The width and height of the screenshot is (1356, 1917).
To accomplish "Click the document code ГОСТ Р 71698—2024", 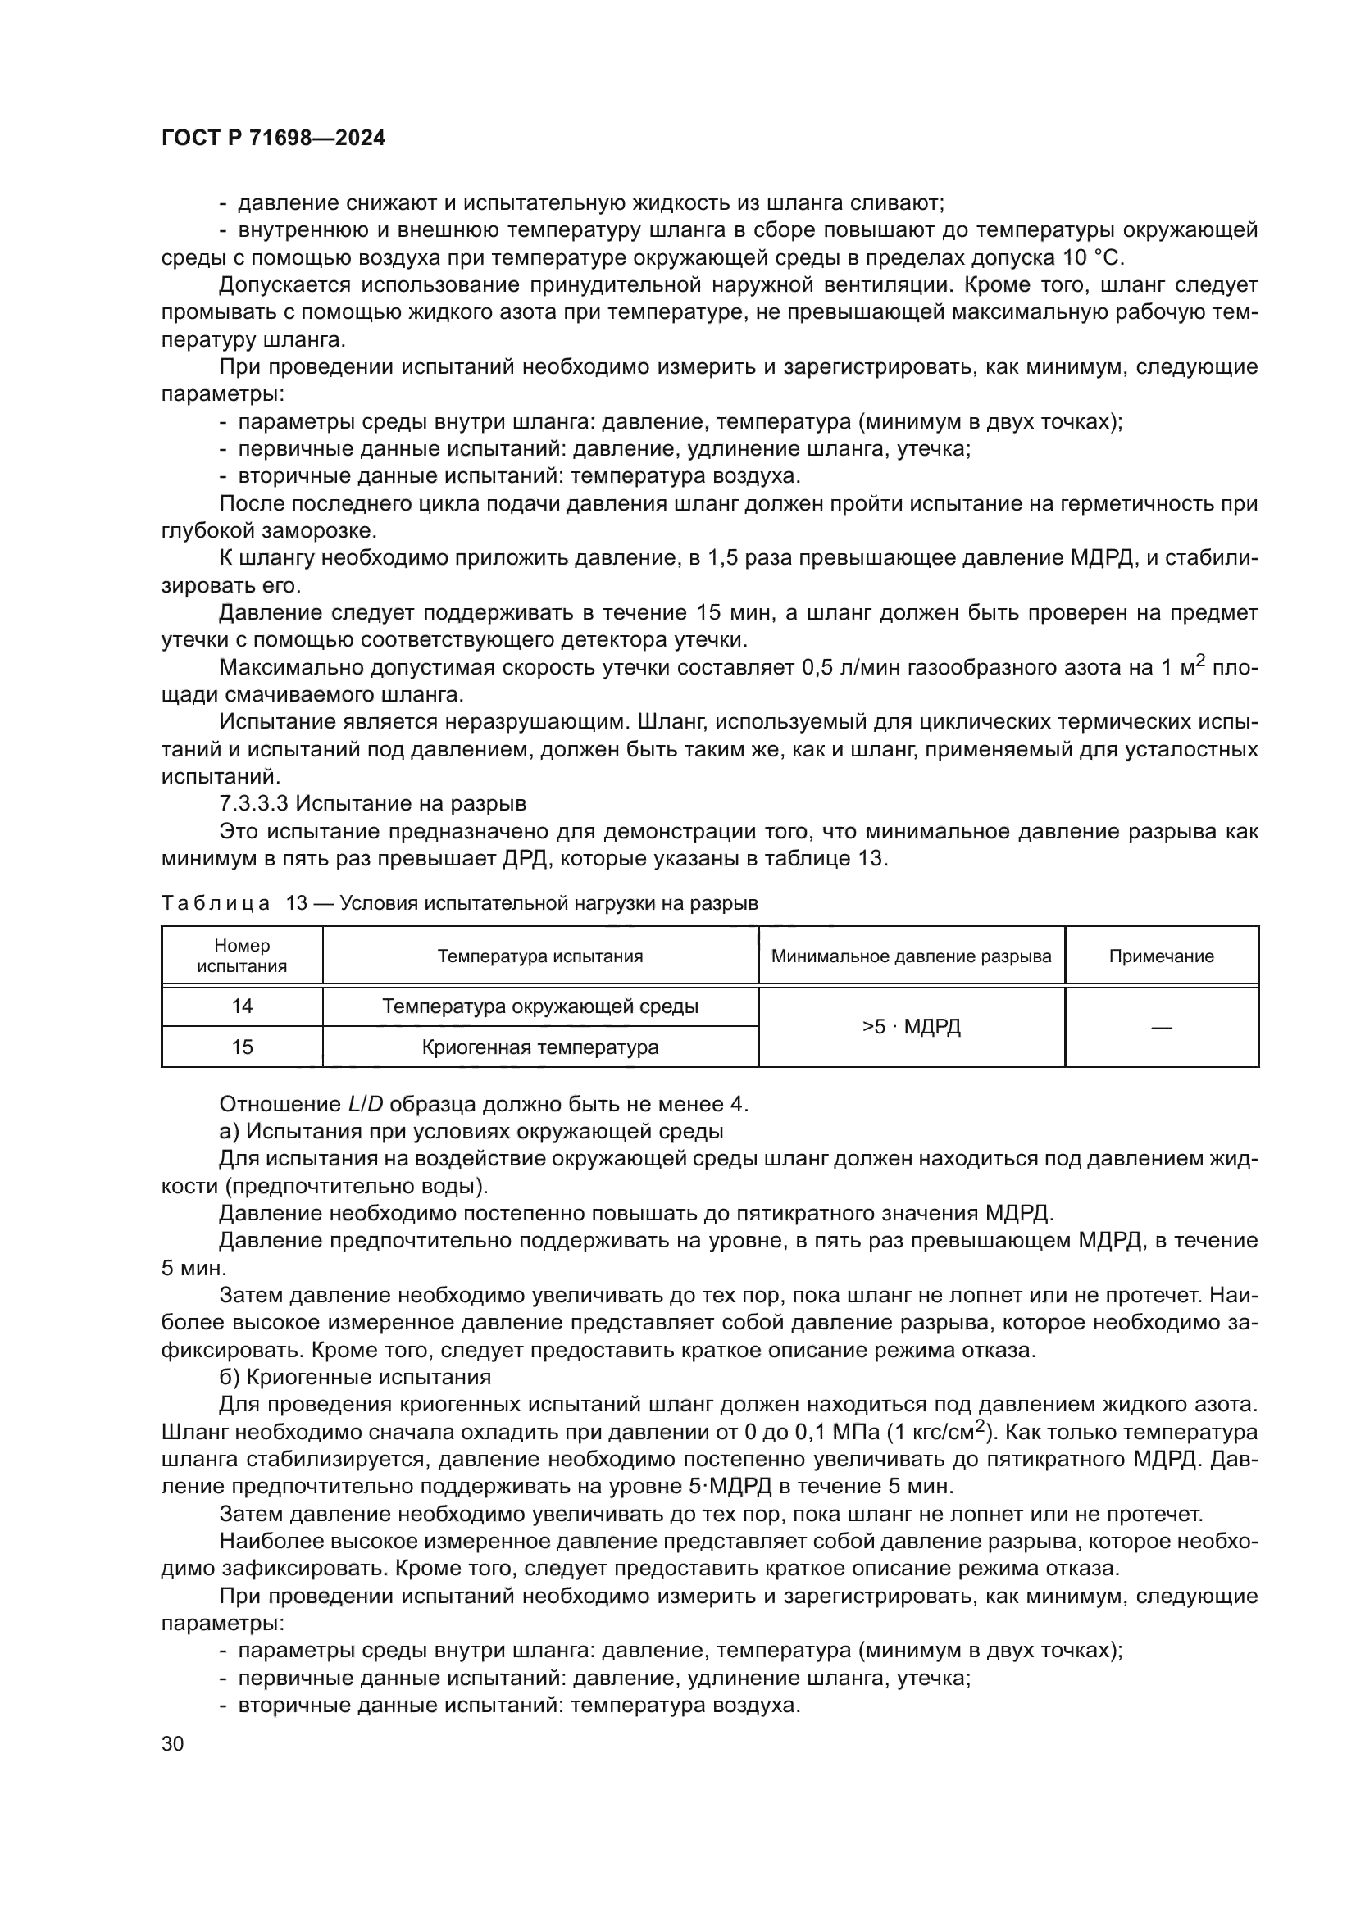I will click(x=273, y=139).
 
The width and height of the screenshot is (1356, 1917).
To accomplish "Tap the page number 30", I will click(x=173, y=1743).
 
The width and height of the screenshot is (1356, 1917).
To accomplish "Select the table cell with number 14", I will click(x=242, y=1006).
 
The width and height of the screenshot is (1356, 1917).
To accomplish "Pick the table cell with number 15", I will click(x=242, y=1047).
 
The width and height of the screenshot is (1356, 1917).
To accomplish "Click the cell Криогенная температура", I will click(x=540, y=1047).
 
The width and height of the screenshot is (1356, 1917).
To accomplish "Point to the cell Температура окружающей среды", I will click(x=540, y=1006).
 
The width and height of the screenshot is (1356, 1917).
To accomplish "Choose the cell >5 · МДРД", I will click(x=911, y=1026).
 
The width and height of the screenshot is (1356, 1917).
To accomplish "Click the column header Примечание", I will click(x=1161, y=956).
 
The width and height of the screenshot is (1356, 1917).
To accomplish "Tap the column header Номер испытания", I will click(x=242, y=956).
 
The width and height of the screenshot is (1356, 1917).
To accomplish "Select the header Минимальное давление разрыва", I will click(x=911, y=956).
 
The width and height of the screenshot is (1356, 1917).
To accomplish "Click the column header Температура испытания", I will click(x=540, y=956).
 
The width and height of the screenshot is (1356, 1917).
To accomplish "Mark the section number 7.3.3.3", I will click(x=254, y=804).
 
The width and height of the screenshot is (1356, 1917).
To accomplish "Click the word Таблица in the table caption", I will click(x=216, y=903).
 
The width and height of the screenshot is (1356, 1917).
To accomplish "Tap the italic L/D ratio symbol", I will click(x=366, y=1105).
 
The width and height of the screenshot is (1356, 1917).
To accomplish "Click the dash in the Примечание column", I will click(x=1161, y=1027).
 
